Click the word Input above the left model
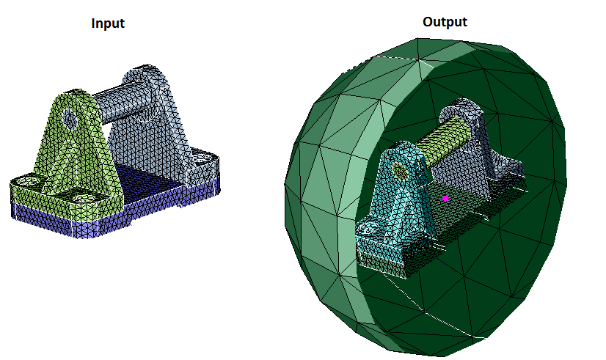click(108, 23)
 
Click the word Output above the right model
click(445, 22)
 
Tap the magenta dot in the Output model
click(445, 198)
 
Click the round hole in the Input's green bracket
click(70, 120)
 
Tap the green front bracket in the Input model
click(70, 155)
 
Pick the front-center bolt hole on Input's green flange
click(83, 198)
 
